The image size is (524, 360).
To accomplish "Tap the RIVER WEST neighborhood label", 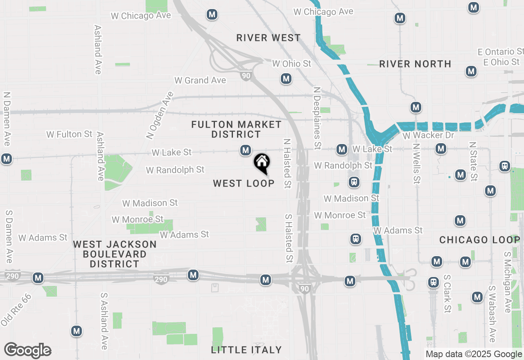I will [269, 38].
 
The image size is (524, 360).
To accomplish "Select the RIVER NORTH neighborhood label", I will [415, 64].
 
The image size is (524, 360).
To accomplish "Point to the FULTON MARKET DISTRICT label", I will [237, 129].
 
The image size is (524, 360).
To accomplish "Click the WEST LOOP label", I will [244, 183].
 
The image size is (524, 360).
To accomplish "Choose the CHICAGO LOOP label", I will [479, 240].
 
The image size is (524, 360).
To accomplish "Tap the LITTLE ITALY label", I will [246, 350].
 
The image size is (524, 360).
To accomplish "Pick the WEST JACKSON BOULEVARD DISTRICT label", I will [115, 254].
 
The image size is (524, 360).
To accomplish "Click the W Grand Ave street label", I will [200, 80].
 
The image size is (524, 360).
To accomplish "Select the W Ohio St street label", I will [292, 63].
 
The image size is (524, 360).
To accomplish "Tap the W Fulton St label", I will [69, 134].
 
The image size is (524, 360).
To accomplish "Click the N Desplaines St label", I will [316, 118].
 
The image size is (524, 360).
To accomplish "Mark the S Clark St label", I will [447, 293].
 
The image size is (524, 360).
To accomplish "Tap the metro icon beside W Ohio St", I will [286, 79].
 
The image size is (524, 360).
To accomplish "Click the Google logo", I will [27, 350].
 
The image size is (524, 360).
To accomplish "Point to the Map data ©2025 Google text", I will [474, 354].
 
